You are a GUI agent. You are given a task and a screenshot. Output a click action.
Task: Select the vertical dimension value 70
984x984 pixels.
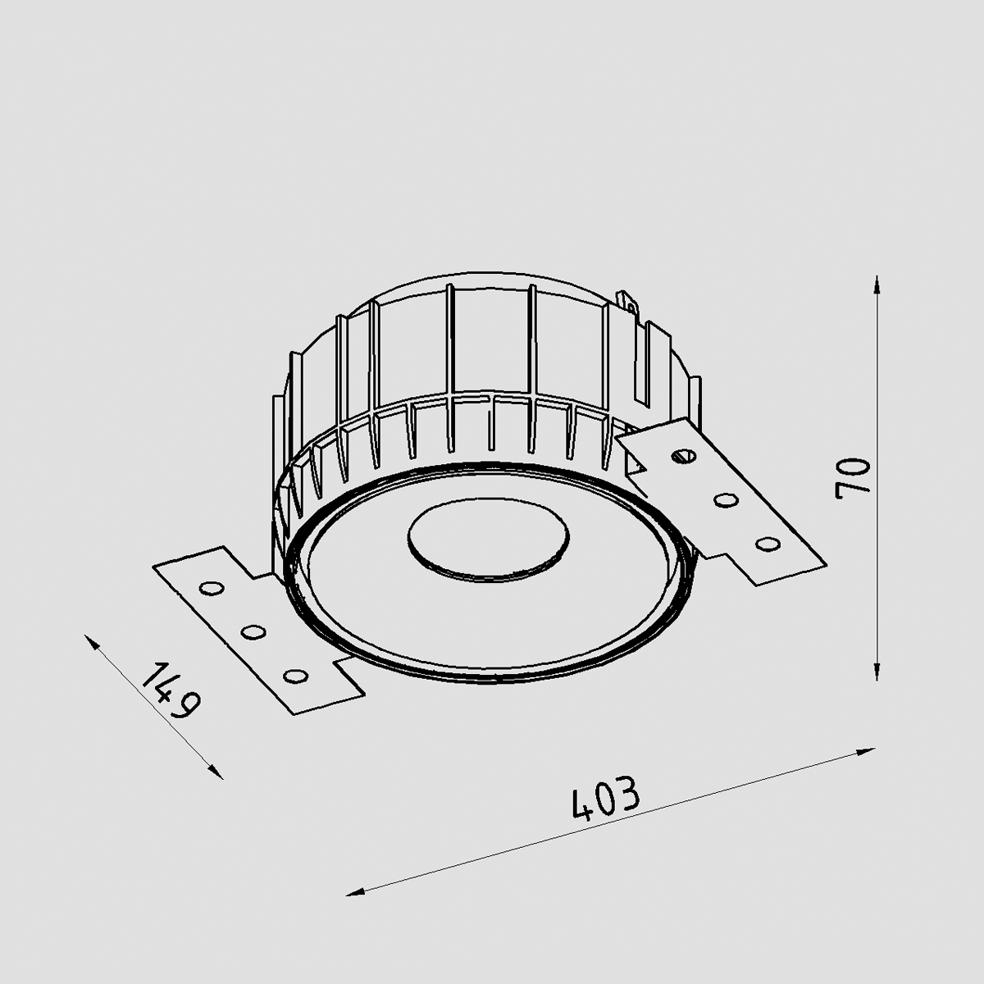tap(852, 478)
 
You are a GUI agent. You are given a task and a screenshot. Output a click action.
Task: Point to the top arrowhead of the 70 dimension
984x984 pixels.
tap(877, 285)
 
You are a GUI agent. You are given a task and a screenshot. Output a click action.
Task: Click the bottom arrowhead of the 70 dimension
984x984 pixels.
tap(877, 671)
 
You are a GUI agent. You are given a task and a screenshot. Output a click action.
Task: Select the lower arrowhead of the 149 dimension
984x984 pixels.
tap(216, 772)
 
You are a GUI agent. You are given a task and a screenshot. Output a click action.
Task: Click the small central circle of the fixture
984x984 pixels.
tap(488, 540)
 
